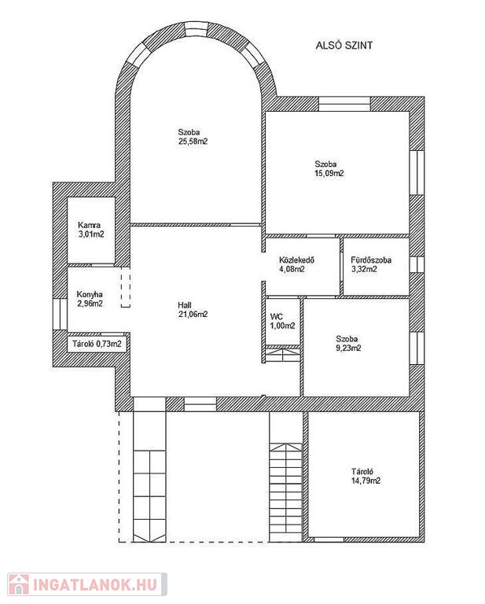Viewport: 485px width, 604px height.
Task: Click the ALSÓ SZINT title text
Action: [x=344, y=46]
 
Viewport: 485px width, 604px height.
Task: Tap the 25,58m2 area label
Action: [x=193, y=142]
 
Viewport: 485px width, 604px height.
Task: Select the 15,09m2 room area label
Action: [x=329, y=173]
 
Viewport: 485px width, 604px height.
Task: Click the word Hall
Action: [x=185, y=305]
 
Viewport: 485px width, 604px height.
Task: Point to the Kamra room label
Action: [x=89, y=225]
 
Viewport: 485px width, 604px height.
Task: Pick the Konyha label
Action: [x=90, y=294]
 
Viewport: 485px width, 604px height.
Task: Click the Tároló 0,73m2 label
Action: [x=97, y=344]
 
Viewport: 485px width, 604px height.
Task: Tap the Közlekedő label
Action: [x=297, y=260]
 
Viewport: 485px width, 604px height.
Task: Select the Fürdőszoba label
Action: [x=371, y=260]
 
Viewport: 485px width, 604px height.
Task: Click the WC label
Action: [x=277, y=317]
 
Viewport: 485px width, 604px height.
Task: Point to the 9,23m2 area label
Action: [x=349, y=348]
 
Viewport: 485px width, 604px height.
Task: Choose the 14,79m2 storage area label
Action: [x=366, y=481]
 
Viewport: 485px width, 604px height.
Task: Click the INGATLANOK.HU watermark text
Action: [x=95, y=585]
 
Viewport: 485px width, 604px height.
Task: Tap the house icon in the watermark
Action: [x=19, y=585]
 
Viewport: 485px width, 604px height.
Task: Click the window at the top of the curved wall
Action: [x=196, y=30]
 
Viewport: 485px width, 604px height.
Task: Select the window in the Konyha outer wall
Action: [x=60, y=314]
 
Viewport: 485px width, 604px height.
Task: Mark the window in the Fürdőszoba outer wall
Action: [x=417, y=264]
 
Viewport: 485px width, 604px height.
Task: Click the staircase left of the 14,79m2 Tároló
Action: [x=285, y=477]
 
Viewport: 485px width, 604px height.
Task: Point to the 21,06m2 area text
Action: [x=193, y=315]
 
